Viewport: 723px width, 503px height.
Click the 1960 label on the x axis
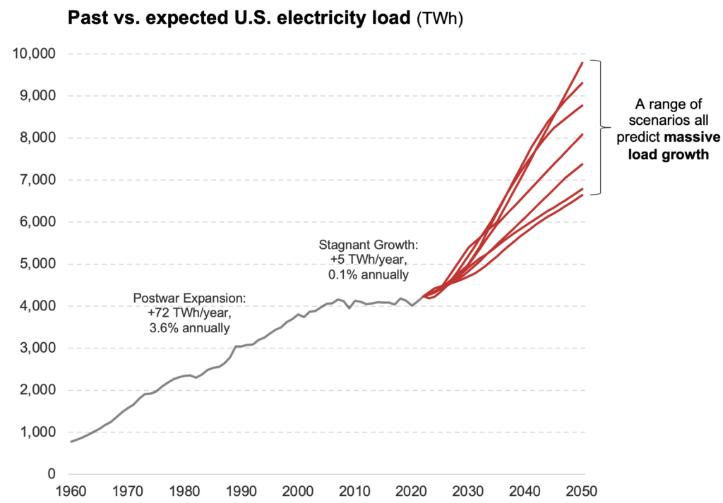pos(71,491)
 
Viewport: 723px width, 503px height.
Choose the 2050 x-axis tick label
pos(582,491)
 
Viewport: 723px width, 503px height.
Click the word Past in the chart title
pos(85,18)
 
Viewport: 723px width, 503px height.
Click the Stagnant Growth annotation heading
pos(367,246)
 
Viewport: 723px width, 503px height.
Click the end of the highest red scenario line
pos(582,63)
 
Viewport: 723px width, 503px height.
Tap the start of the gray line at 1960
pos(71,442)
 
